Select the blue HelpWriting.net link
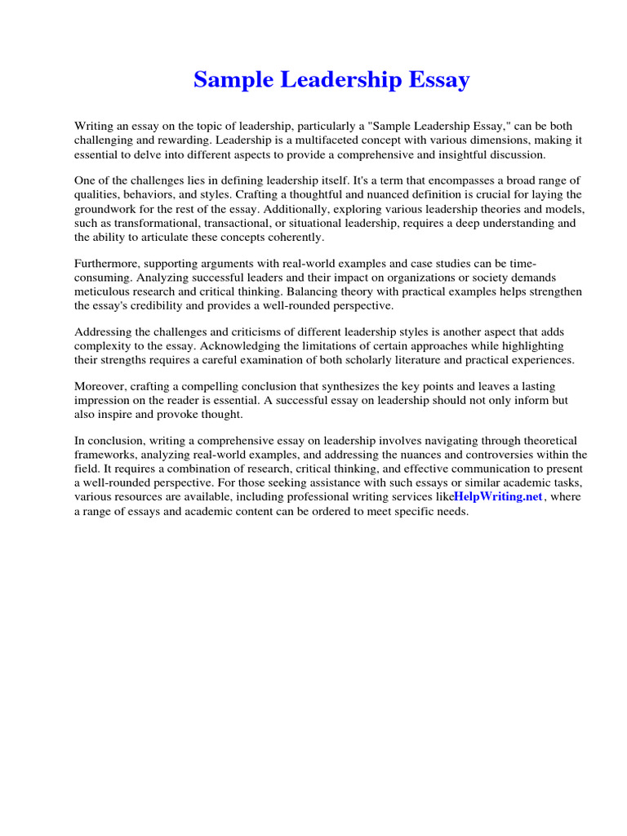(499, 496)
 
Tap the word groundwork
(107, 208)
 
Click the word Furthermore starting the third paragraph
(108, 263)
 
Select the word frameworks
(104, 454)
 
